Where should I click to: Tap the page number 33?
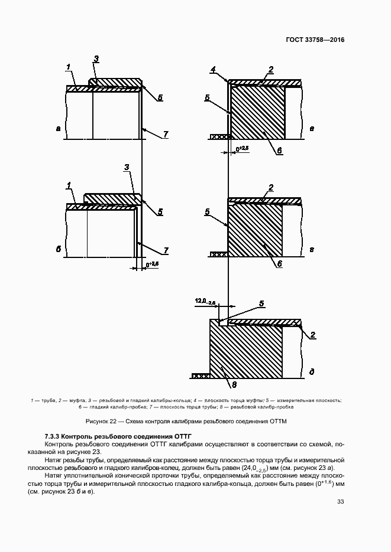pos(340,502)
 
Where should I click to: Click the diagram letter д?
pos(311,372)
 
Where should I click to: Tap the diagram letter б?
pos(59,250)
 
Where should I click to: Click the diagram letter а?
pos(58,127)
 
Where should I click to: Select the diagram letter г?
pos(311,250)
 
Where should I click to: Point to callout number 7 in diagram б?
pos(166,251)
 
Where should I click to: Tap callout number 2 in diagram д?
pos(313,335)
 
